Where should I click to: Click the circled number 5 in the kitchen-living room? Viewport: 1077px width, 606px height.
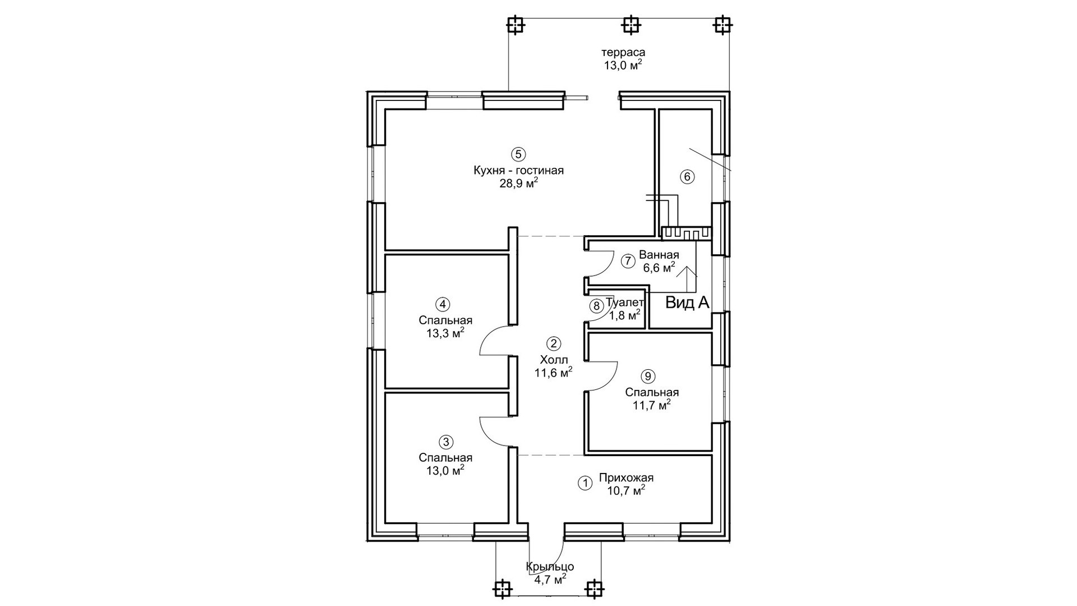click(518, 154)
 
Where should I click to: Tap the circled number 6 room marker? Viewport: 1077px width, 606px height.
click(687, 177)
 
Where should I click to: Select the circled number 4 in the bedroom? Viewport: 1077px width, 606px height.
click(443, 305)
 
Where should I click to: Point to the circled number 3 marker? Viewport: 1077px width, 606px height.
click(446, 442)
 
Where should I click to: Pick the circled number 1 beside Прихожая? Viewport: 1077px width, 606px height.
click(584, 483)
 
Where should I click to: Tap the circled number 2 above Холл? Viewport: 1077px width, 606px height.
click(553, 343)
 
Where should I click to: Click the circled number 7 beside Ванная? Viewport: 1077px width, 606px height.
click(628, 261)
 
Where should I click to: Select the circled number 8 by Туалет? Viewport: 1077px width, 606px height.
click(596, 306)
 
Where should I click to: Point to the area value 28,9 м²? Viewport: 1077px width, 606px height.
click(519, 183)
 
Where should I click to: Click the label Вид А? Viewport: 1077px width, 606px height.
click(687, 304)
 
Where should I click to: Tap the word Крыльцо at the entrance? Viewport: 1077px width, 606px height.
click(550, 567)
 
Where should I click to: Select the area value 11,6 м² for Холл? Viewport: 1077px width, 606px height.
click(553, 373)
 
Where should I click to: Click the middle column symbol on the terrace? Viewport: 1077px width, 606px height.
click(631, 25)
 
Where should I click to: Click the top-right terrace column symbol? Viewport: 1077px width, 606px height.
click(723, 25)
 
